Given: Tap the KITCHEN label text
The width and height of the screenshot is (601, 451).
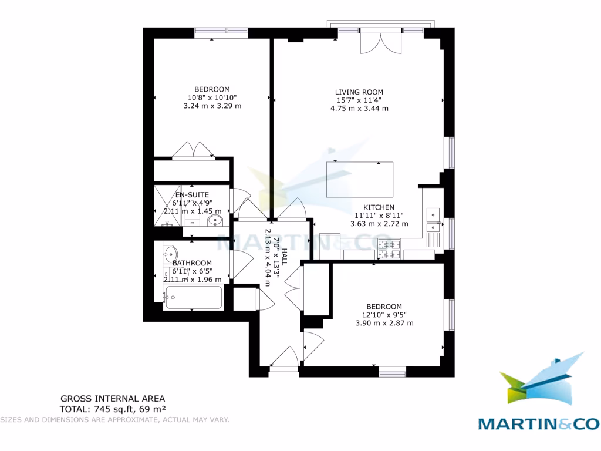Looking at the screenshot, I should coord(379,207).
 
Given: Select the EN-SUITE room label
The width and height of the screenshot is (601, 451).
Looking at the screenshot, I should coord(192,194).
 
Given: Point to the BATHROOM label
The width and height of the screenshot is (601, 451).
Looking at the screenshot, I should coord(192,263).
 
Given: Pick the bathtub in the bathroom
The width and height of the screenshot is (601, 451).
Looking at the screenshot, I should coord(193,297).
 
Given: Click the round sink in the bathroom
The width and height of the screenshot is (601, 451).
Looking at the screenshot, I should coord(171,254).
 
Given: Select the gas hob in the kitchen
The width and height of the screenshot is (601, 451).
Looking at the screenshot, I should coord(389,249).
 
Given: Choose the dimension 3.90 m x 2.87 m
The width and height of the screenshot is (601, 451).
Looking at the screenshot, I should coord(384,323).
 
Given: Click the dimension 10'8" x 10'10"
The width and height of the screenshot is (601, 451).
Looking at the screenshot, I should coord(212,98).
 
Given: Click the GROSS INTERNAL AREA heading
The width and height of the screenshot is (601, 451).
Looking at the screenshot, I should coord(113,399).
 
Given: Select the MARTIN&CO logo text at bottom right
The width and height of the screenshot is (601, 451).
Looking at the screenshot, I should coord(538,423).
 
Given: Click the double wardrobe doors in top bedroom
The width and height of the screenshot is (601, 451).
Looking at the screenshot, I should coord(193,150).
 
